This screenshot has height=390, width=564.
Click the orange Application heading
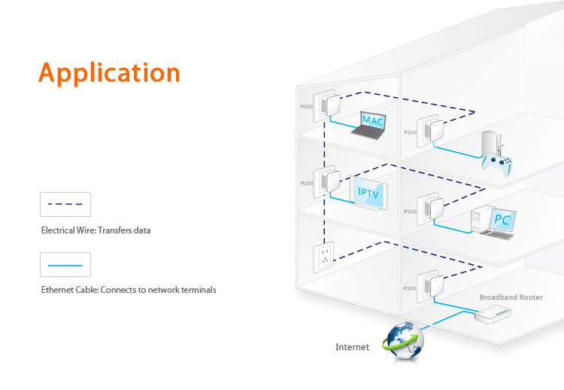point(109,73)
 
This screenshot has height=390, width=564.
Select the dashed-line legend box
point(65,204)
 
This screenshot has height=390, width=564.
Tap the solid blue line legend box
point(65,264)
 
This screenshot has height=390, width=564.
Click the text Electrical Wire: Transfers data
point(96,230)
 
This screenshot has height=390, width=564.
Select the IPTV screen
point(370,193)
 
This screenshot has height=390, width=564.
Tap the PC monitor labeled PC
point(497,221)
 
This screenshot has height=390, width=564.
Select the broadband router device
point(493,314)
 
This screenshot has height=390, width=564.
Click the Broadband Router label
point(511,297)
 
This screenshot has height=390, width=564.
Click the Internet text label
point(352,347)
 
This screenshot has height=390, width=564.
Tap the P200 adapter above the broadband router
point(429,287)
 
